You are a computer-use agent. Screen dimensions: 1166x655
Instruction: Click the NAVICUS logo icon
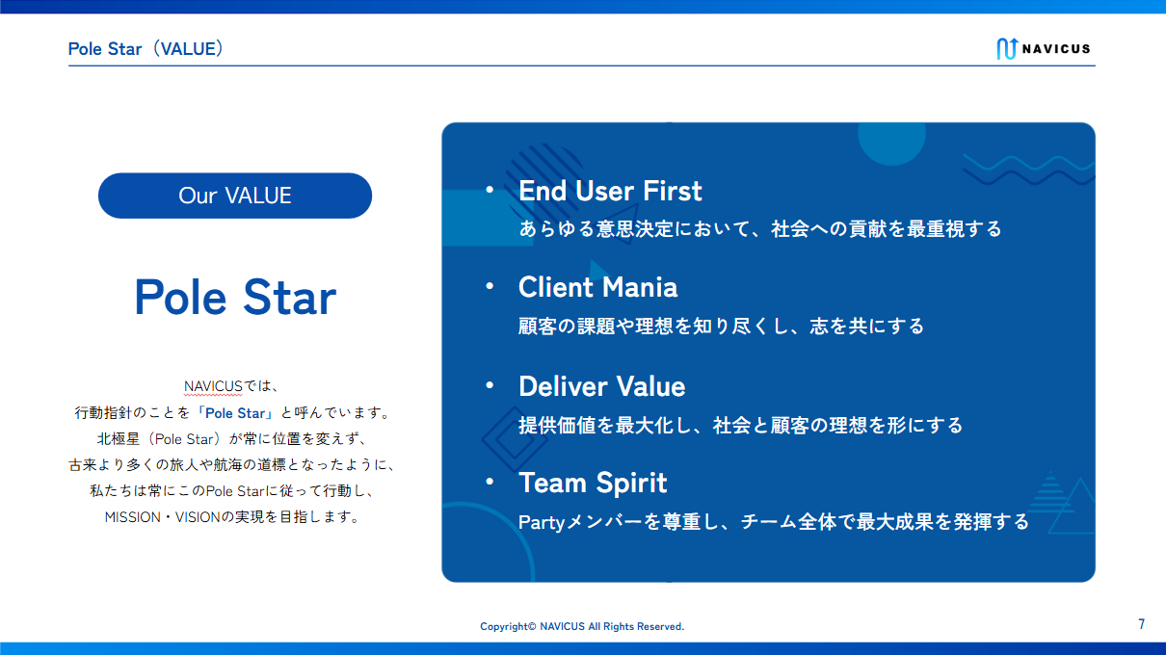(x=1007, y=49)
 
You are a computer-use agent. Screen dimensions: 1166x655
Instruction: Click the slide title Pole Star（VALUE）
(x=146, y=49)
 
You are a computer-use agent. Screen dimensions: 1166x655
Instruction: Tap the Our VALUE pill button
(x=235, y=196)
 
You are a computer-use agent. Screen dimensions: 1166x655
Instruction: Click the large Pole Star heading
(x=235, y=297)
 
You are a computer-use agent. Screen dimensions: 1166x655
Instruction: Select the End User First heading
(x=610, y=191)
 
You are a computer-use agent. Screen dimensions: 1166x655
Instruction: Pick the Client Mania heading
(x=598, y=287)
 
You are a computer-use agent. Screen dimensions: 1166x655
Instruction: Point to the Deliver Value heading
(x=601, y=386)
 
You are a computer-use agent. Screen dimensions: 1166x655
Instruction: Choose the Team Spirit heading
(x=593, y=483)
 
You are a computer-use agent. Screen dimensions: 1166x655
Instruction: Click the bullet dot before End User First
(x=490, y=190)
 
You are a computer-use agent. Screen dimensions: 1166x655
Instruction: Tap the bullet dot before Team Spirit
(x=490, y=482)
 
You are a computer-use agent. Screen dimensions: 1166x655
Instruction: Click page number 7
(x=1142, y=624)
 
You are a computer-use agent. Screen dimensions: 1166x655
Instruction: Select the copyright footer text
(x=582, y=626)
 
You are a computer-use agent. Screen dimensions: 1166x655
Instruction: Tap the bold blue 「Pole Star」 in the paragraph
(x=235, y=413)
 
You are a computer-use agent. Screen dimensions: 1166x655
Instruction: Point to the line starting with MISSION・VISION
(x=232, y=517)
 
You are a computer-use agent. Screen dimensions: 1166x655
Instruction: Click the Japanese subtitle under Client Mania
(x=721, y=327)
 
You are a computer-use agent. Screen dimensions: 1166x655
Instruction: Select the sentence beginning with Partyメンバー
(x=774, y=522)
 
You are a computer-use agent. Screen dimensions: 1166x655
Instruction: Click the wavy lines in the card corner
(x=1029, y=170)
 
